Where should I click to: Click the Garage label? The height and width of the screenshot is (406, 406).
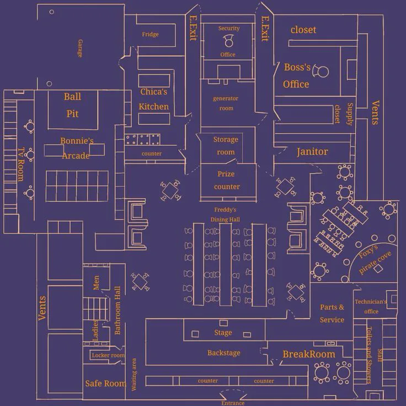[x=81, y=49]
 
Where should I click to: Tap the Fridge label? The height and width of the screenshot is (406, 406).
[x=150, y=34]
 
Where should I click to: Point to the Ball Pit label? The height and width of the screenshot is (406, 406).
[x=72, y=105]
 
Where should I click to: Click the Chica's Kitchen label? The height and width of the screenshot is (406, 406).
[x=153, y=99]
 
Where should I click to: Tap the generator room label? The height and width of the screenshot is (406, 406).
[x=226, y=103]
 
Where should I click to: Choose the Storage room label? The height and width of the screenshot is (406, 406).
[x=226, y=146]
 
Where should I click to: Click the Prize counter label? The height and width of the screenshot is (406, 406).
[x=226, y=180]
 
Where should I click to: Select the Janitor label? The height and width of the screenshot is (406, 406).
[x=312, y=152]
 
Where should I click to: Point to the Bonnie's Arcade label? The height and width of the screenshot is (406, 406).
[x=76, y=148]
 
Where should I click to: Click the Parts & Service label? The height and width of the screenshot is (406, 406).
[x=332, y=313]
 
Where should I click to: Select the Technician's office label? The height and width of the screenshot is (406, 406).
[x=371, y=307]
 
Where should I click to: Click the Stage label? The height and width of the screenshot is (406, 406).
[x=223, y=333]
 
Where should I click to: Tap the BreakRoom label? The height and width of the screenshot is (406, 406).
[x=308, y=354]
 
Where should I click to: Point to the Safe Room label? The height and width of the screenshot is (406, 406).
[x=105, y=383]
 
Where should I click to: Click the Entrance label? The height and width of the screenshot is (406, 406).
[x=232, y=403]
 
